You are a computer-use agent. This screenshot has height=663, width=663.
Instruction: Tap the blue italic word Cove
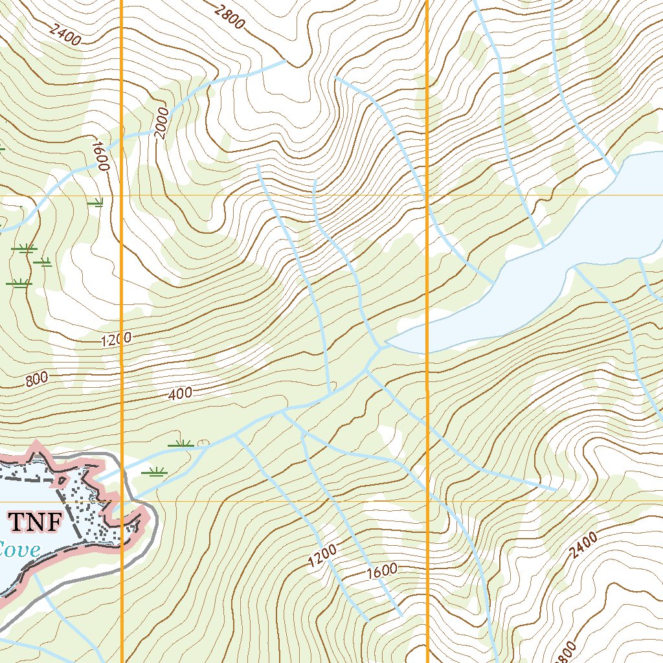pos(19,550)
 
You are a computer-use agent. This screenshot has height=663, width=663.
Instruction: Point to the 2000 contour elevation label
pos(161,122)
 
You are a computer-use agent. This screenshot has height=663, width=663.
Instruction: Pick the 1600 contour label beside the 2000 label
pos(100,156)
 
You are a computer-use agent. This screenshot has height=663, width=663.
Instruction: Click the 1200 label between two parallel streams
pos(322,556)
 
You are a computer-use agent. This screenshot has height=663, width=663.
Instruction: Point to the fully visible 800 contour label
pos(37,380)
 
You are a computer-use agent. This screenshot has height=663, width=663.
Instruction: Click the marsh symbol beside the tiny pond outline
pos(181,444)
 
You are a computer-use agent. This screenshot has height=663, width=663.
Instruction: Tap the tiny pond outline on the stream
pos(203,444)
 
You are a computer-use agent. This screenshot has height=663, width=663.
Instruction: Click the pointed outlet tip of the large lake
pos(387,343)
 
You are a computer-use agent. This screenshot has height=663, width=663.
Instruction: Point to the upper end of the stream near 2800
pos(285,62)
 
